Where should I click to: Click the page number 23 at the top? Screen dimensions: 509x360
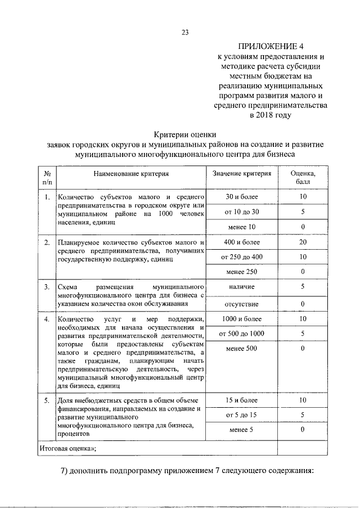[x=184, y=31]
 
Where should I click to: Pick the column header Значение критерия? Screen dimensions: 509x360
[x=242, y=174]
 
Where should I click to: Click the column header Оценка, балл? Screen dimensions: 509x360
[x=303, y=178]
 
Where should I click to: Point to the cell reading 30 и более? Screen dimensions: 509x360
[x=242, y=197]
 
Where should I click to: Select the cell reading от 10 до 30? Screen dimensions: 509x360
[x=242, y=212]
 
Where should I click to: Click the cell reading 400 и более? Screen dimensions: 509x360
[x=242, y=242]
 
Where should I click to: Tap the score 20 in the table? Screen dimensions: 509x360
[x=303, y=242]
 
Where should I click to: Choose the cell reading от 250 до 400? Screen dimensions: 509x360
[x=242, y=257]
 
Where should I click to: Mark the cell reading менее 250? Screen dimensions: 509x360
[x=242, y=272]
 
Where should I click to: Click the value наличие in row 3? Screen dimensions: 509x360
[x=242, y=287]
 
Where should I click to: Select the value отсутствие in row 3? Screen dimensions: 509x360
[x=242, y=304]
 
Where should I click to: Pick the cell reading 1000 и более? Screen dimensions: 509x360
[x=242, y=319]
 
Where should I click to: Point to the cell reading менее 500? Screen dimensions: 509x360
[x=242, y=349]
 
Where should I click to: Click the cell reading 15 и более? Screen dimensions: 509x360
[x=242, y=400]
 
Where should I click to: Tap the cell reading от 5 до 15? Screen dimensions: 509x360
[x=242, y=415]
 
